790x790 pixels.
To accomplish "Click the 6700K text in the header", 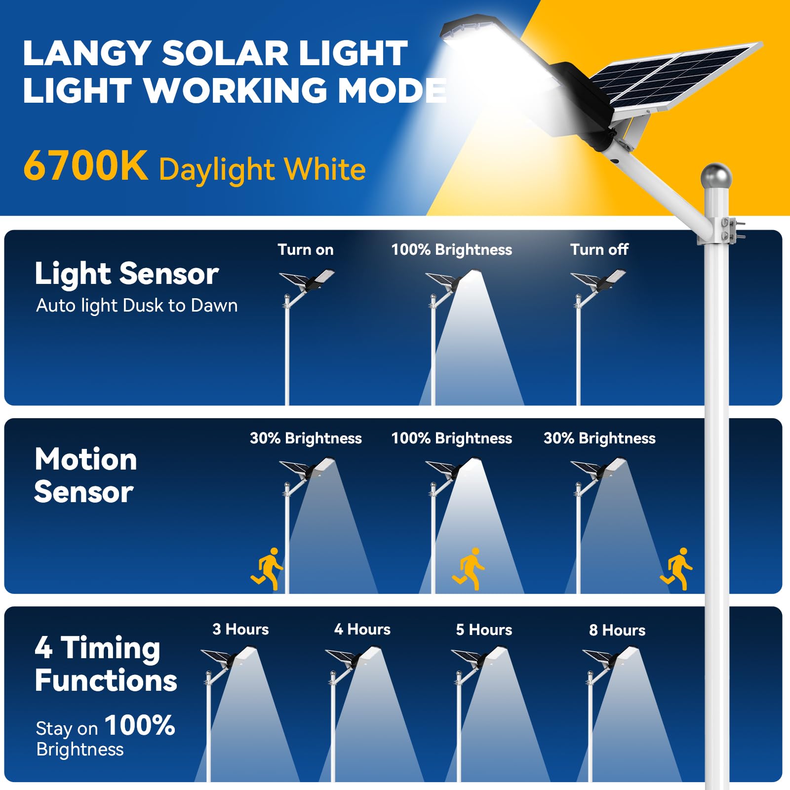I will pyautogui.click(x=85, y=166).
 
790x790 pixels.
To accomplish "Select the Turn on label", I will pyautogui.click(x=305, y=249).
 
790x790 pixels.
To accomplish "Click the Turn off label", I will pyautogui.click(x=599, y=249).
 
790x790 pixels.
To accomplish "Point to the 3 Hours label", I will pyautogui.click(x=240, y=629).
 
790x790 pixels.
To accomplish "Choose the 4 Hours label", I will pyautogui.click(x=362, y=629).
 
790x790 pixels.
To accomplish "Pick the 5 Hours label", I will pyautogui.click(x=484, y=630).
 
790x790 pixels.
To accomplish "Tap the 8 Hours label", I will pyautogui.click(x=617, y=630).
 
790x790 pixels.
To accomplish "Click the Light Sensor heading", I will pyautogui.click(x=126, y=274).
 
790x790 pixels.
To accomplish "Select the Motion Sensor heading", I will pyautogui.click(x=85, y=475).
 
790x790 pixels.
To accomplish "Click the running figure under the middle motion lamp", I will pyautogui.click(x=469, y=568).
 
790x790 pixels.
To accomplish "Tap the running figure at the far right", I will pyautogui.click(x=677, y=568).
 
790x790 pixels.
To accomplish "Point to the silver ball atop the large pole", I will pyautogui.click(x=715, y=176).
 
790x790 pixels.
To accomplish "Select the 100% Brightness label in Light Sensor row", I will pyautogui.click(x=451, y=249).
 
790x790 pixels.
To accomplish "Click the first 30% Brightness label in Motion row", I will pyautogui.click(x=306, y=438).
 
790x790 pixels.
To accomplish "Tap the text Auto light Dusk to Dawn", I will pyautogui.click(x=137, y=306).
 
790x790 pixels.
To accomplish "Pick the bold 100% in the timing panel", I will pyautogui.click(x=140, y=725).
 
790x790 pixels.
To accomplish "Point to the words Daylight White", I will pyautogui.click(x=262, y=169).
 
